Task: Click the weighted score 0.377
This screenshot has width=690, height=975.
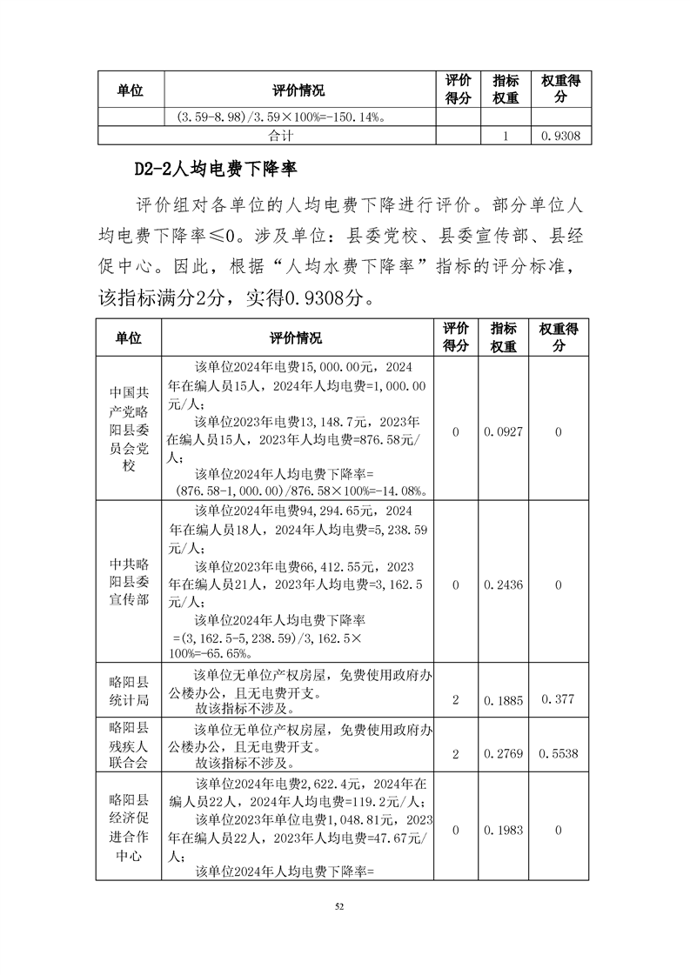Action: (x=558, y=700)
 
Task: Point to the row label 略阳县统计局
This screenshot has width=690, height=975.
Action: (x=129, y=690)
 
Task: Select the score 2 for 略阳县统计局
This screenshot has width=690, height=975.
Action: (x=456, y=700)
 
